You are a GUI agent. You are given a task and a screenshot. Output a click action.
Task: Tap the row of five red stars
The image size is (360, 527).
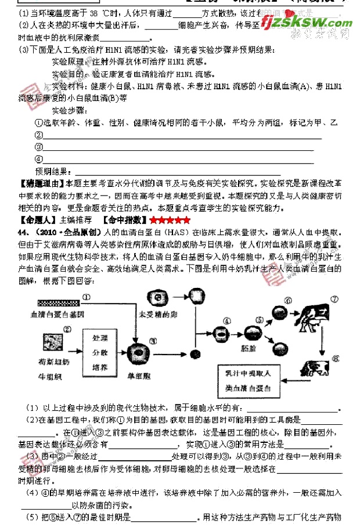click(170, 221)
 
